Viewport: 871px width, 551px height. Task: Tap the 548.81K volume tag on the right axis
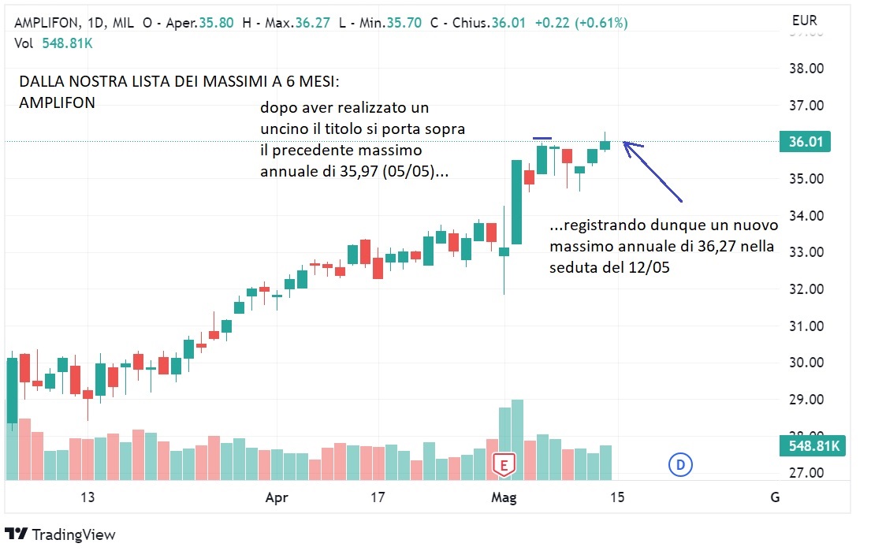click(x=814, y=446)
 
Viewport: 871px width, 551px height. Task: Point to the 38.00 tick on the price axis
click(x=807, y=69)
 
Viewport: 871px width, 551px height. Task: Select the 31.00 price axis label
click(x=807, y=326)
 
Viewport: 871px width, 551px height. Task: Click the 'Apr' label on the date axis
click(x=276, y=497)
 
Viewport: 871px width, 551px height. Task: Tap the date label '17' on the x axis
click(x=378, y=497)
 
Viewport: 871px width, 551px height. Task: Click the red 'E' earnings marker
click(x=504, y=464)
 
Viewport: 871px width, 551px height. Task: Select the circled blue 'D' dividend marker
click(x=679, y=465)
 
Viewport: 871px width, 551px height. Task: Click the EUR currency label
click(x=804, y=21)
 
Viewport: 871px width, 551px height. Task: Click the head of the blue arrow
click(x=627, y=143)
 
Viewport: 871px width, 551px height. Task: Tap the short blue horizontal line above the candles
click(x=542, y=139)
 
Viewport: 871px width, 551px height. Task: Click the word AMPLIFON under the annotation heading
click(x=58, y=102)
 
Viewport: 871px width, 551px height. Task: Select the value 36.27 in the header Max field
click(x=307, y=24)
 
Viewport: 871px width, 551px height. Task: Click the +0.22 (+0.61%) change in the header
click(x=581, y=24)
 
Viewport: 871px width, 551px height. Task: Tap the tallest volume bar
click(x=517, y=439)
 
